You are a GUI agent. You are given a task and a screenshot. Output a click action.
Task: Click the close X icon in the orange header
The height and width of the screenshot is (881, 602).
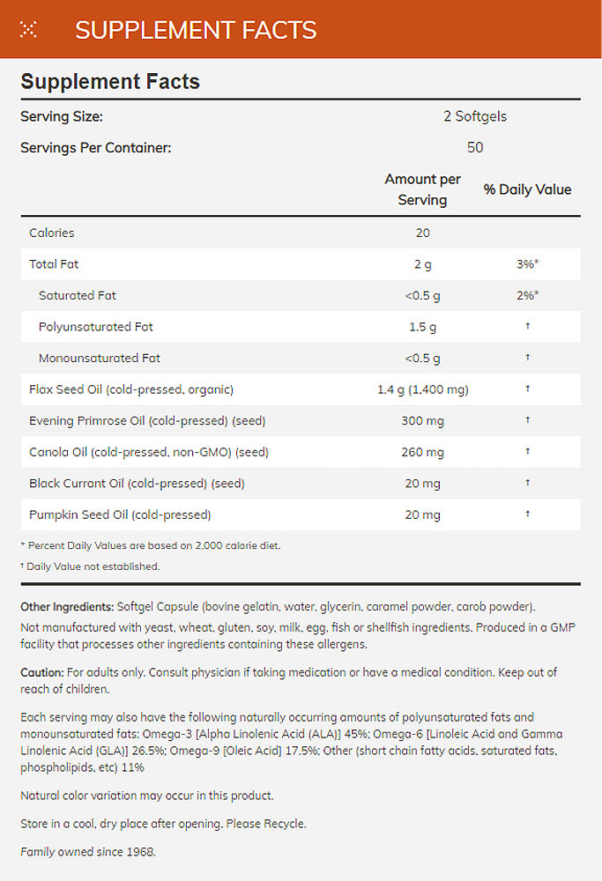point(28,29)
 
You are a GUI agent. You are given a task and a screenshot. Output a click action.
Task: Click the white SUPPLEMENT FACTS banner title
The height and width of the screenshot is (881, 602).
point(196,29)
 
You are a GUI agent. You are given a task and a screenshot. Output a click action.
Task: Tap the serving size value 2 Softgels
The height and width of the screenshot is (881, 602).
point(475,116)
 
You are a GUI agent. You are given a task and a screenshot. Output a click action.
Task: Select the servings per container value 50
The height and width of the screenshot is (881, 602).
point(475,147)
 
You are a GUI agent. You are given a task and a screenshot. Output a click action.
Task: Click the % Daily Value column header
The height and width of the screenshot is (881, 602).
point(527,189)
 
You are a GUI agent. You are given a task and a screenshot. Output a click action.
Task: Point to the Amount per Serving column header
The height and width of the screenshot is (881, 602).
point(422,189)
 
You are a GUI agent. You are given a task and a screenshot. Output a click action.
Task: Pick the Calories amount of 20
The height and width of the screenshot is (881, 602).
point(422,233)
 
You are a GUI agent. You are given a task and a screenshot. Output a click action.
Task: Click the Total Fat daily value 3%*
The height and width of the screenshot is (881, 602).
point(527,264)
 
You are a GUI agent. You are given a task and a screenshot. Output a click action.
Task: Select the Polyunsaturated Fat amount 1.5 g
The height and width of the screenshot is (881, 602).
point(422,327)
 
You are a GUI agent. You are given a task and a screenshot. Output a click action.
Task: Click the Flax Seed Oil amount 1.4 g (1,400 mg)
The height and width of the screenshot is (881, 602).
point(422,389)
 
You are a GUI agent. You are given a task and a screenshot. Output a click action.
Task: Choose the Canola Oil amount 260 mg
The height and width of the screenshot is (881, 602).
point(422,452)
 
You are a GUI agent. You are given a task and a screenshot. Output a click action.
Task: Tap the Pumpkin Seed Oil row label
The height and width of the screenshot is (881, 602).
point(119,515)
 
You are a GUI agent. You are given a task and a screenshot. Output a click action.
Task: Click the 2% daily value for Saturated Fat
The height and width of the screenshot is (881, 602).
point(527,295)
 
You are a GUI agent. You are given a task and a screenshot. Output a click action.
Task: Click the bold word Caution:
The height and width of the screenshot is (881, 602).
point(41,672)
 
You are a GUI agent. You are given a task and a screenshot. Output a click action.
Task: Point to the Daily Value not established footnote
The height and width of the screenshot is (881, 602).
point(92,566)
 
